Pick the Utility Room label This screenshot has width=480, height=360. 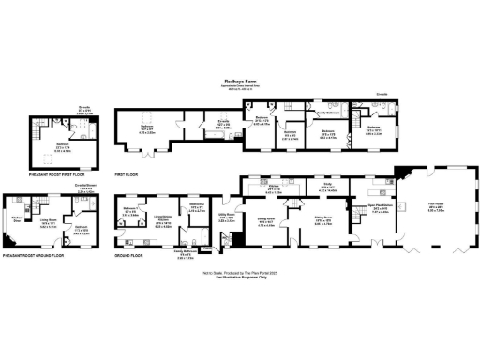tap(226, 218)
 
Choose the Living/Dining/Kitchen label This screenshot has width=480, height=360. tap(162, 210)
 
